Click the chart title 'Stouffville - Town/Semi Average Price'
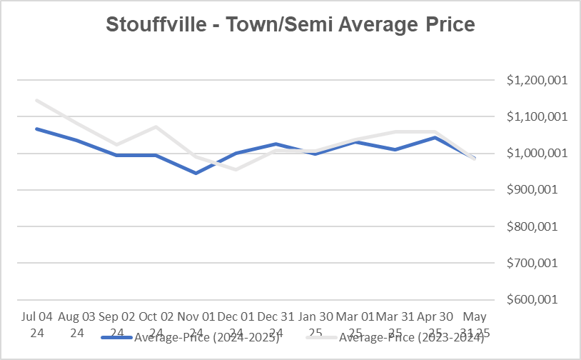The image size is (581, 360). click(290, 25)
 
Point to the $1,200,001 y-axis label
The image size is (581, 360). click(536, 80)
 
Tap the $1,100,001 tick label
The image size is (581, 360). click(536, 116)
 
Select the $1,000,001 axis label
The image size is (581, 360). click(536, 153)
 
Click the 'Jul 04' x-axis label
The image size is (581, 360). click(35, 316)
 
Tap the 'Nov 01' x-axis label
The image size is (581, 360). click(195, 316)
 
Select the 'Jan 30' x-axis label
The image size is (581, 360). click(315, 316)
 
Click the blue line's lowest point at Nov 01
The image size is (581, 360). click(196, 173)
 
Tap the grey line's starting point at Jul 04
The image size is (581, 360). click(36, 100)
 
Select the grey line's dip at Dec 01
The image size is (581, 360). click(236, 169)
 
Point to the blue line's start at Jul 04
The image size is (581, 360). click(36, 129)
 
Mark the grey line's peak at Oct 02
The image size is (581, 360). click(156, 126)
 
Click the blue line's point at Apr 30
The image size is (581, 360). click(435, 137)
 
